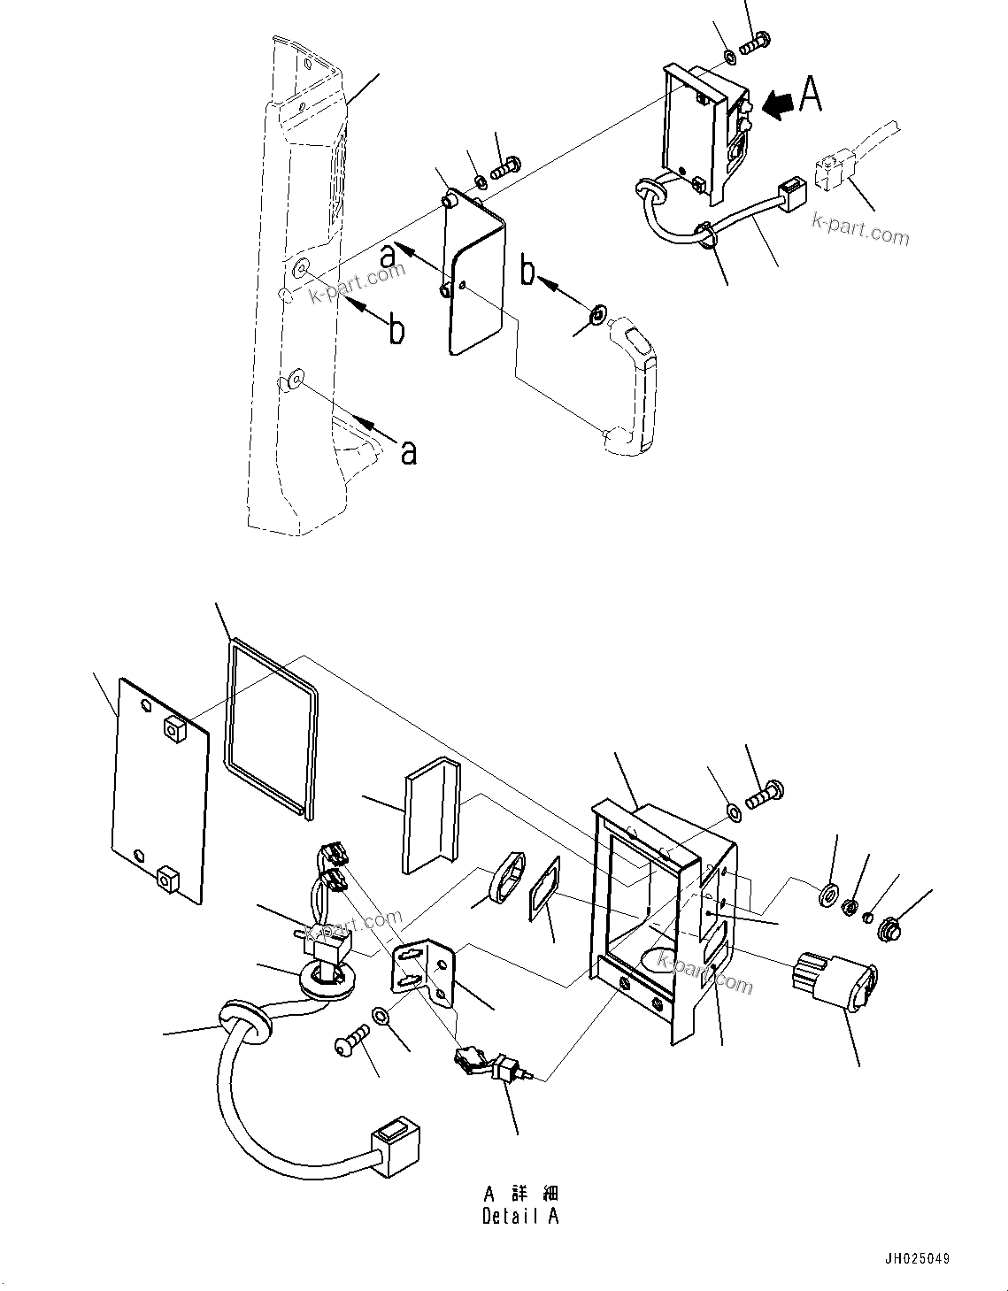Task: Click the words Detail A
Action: tap(520, 1216)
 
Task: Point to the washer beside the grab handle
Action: tap(597, 314)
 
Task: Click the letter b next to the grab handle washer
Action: tap(528, 273)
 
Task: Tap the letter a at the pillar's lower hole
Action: tap(408, 451)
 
